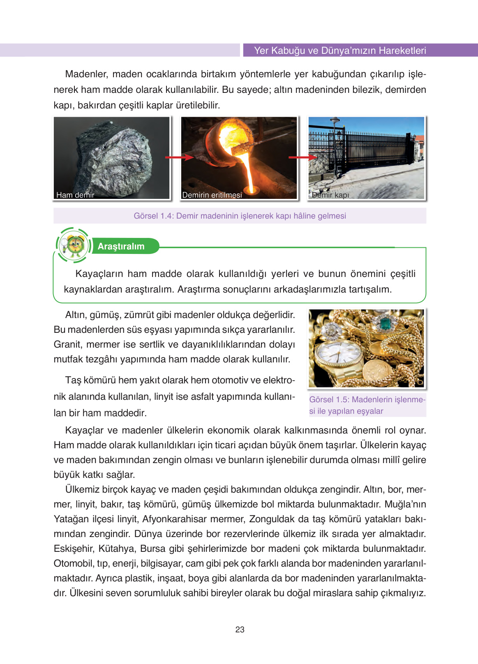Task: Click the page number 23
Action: tap(240, 629)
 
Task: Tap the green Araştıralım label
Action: tap(121, 247)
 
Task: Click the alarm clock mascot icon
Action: tap(74, 245)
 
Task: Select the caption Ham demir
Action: tap(75, 195)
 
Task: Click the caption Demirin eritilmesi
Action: tap(212, 195)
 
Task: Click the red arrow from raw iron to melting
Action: tap(179, 157)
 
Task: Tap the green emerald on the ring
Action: tap(385, 324)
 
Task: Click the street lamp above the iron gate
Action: tap(335, 122)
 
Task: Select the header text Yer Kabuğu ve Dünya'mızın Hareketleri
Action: tap(340, 51)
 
